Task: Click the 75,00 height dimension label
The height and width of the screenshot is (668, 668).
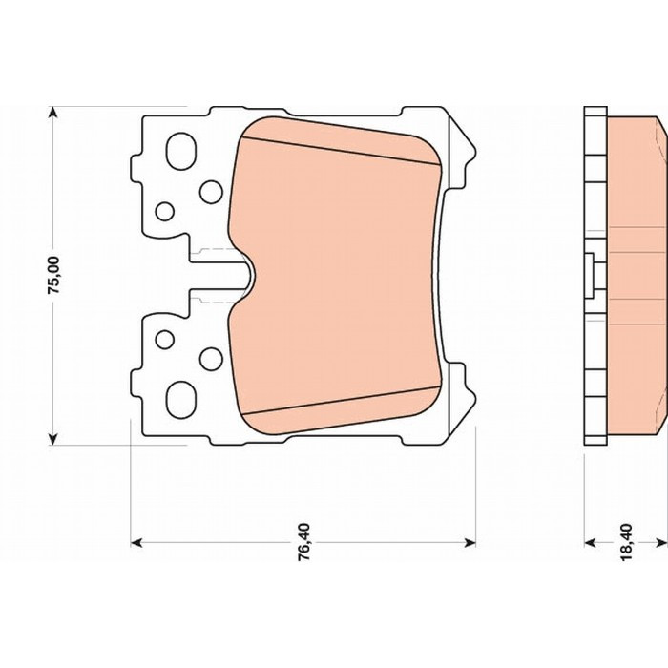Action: point(54,275)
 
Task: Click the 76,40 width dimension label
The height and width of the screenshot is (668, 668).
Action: point(304,542)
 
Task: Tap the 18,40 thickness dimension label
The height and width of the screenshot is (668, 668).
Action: point(628,542)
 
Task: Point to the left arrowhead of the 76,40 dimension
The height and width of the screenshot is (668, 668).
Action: point(136,542)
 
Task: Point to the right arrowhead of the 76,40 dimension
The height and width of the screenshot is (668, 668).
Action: point(470,542)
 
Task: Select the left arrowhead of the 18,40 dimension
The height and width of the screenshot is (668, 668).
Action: point(589,542)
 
